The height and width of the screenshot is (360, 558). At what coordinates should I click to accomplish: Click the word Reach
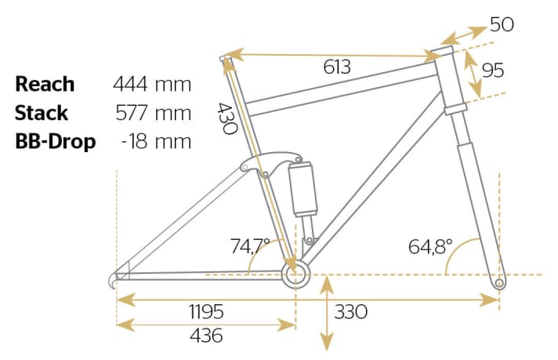[45, 84]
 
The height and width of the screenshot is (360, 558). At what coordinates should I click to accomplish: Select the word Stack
[42, 113]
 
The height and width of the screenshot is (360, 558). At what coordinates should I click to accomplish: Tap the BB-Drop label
[55, 141]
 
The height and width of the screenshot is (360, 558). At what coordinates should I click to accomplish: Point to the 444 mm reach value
[152, 85]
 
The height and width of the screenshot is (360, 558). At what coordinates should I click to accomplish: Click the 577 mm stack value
[154, 113]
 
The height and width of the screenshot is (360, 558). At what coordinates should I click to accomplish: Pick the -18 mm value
[156, 141]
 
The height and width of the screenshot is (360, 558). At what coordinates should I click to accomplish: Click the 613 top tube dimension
[337, 67]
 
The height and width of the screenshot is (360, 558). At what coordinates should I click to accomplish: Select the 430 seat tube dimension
[227, 118]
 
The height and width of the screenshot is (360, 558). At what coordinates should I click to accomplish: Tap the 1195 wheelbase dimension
[206, 311]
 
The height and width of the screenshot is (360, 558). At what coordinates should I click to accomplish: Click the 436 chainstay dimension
[206, 336]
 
